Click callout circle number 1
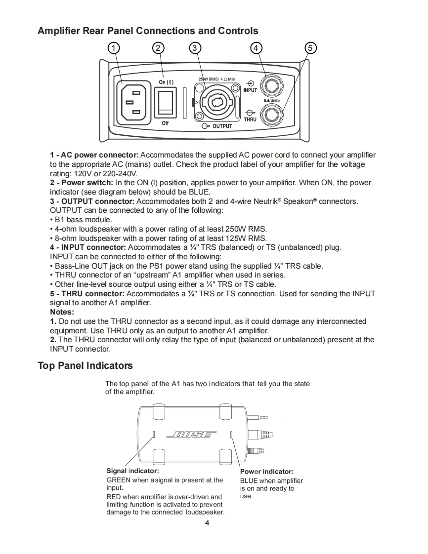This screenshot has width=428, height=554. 114,48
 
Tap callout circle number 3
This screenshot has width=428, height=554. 195,48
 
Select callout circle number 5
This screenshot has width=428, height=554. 310,48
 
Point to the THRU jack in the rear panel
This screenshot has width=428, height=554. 271,116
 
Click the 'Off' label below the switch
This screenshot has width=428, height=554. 165,123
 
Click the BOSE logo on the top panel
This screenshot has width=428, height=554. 192,435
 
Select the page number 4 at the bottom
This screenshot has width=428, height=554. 207,523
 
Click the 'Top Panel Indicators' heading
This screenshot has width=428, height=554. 85,366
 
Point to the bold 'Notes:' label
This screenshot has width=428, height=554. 62,312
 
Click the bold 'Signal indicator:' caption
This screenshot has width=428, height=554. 132,471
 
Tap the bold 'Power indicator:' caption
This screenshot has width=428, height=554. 266,472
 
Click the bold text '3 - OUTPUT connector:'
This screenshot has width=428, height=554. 92,201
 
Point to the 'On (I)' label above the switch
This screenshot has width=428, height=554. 167,82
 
